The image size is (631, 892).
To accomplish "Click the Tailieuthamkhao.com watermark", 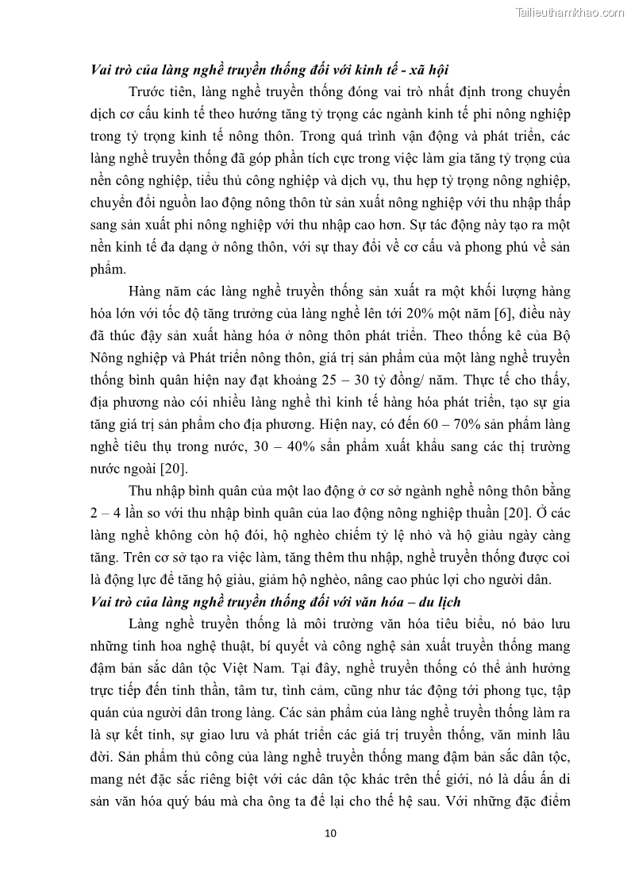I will coord(570,12).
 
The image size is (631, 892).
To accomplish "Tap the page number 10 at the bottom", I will coord(332,833).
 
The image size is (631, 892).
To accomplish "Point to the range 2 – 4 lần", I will coord(110,514).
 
